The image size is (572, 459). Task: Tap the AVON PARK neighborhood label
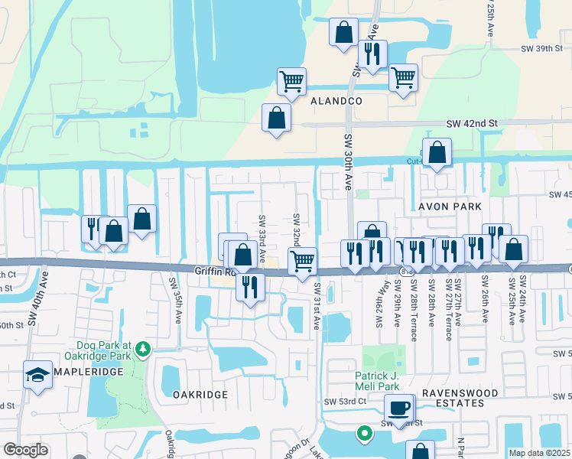[x=450, y=207]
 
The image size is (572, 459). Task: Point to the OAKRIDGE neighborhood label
[x=200, y=394]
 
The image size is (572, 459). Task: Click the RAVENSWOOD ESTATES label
[x=460, y=398]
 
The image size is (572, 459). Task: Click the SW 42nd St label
[x=472, y=123]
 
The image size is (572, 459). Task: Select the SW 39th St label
[x=536, y=48]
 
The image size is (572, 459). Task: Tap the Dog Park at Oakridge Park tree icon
[x=141, y=350]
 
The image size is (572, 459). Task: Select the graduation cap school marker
[x=37, y=375]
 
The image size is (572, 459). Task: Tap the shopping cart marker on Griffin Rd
[x=302, y=260]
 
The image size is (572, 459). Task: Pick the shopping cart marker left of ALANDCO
[x=291, y=80]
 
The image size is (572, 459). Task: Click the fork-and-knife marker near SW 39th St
[x=372, y=54]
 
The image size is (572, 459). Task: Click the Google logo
[x=25, y=450]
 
